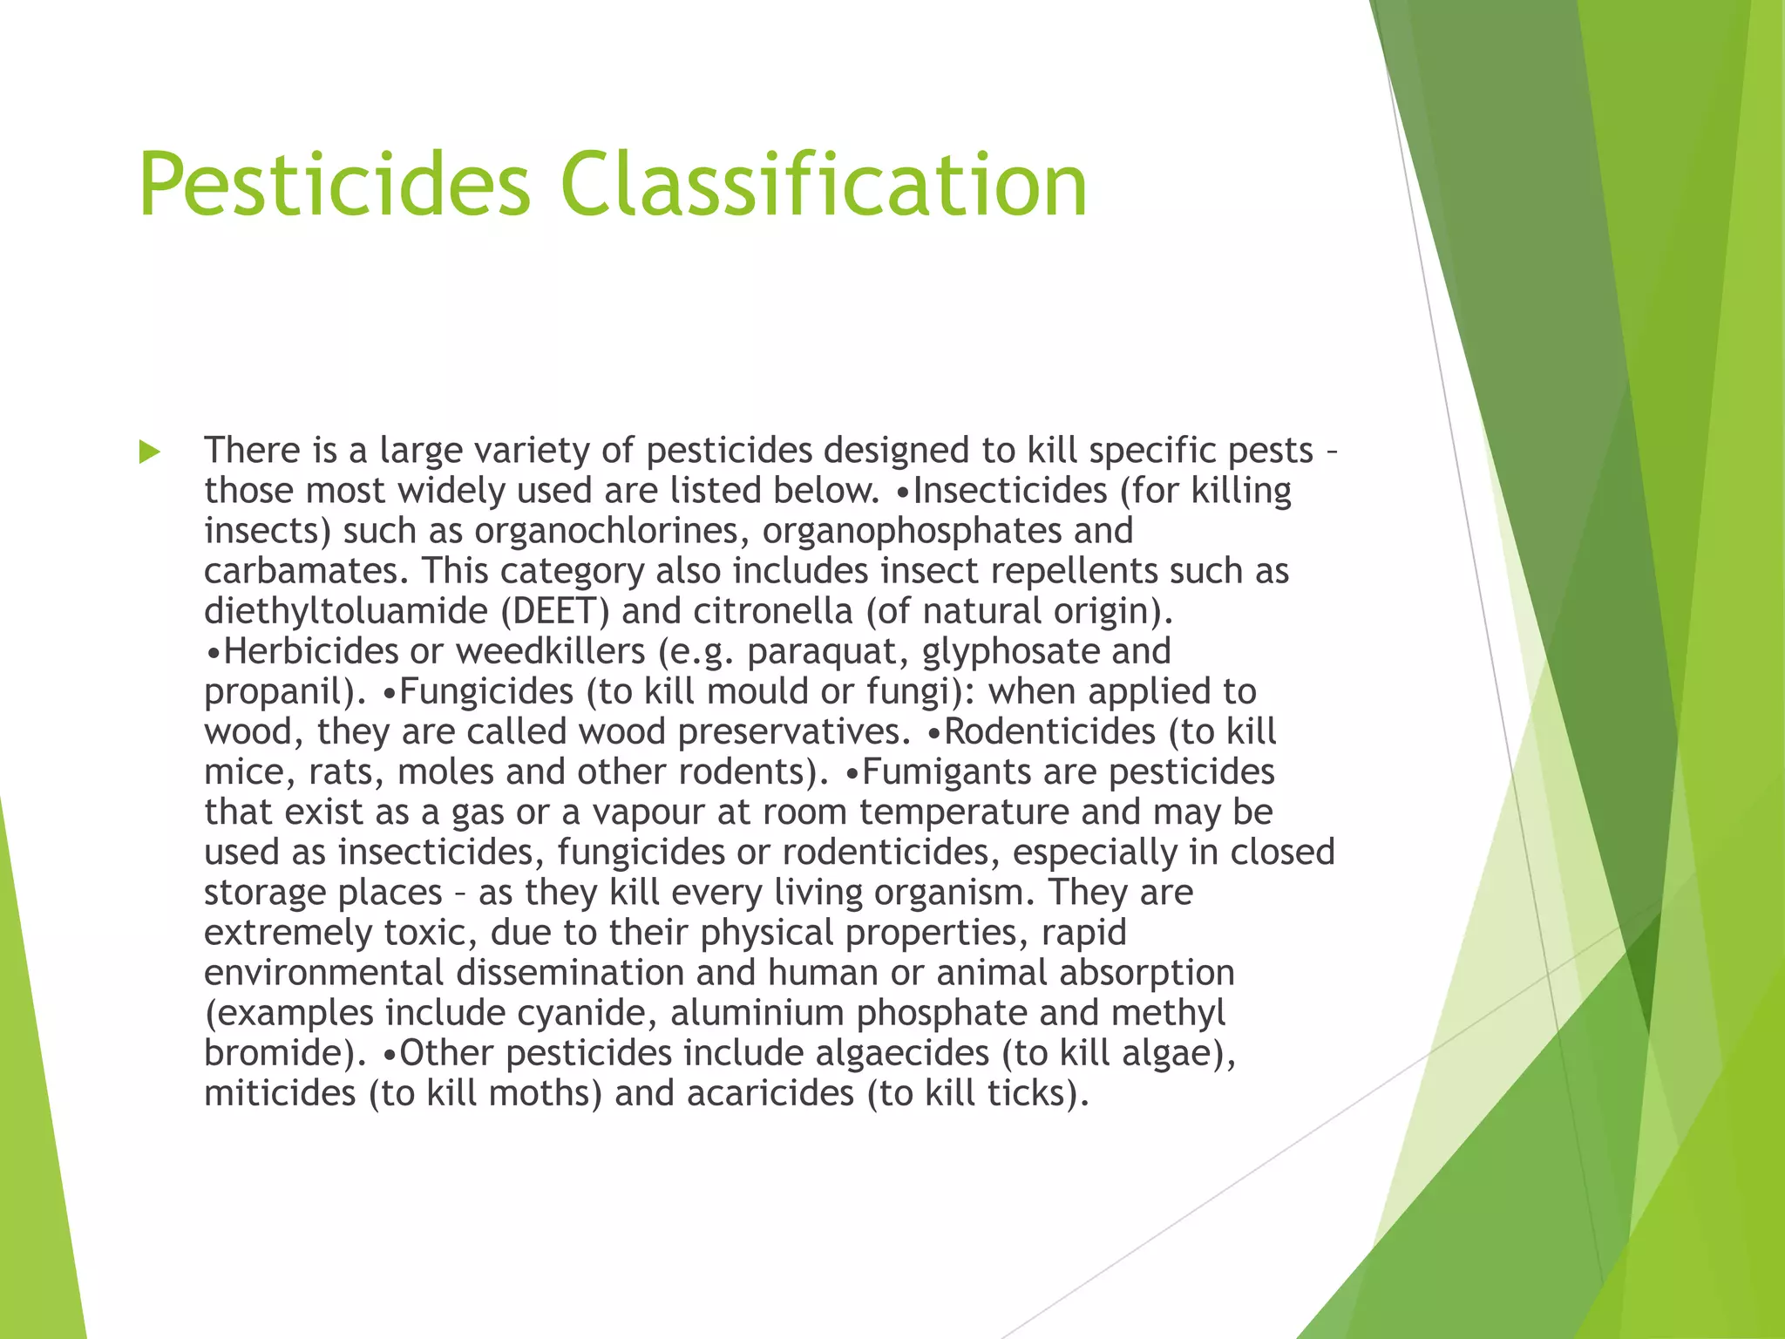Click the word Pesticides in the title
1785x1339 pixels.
(335, 185)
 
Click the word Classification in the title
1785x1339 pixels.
(825, 185)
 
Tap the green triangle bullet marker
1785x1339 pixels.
(150, 452)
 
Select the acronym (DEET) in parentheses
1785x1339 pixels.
(555, 611)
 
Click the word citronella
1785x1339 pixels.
(772, 611)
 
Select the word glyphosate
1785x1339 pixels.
(1011, 652)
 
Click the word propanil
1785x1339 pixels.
(277, 692)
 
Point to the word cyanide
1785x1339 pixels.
(588, 1013)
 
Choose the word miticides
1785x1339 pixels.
(280, 1093)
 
